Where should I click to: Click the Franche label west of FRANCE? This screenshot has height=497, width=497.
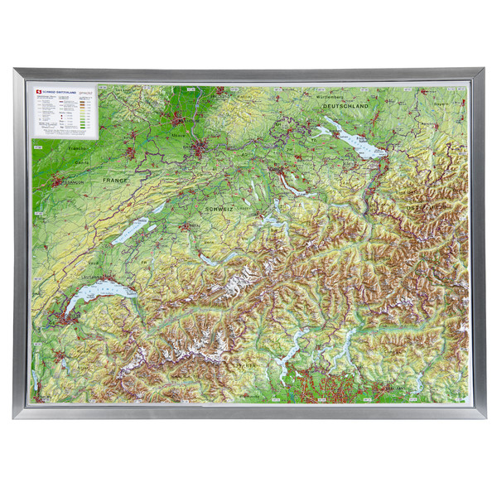click(79, 148)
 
